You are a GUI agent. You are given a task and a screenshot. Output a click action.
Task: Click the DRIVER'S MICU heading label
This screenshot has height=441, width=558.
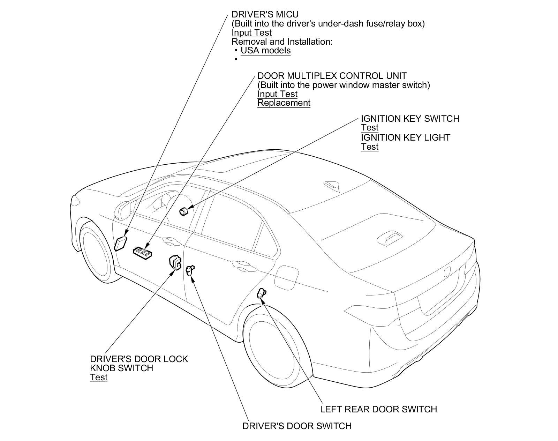point(265,15)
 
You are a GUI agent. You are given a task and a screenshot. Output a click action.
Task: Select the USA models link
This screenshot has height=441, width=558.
point(265,51)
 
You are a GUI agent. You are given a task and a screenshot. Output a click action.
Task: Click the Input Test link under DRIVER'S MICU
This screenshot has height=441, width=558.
point(251,33)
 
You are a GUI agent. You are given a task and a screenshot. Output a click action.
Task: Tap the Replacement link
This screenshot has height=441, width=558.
point(284,103)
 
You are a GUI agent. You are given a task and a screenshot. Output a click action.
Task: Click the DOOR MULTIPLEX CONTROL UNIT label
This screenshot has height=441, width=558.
point(332,76)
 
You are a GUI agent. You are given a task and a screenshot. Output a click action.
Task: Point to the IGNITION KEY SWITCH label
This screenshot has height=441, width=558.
point(410,119)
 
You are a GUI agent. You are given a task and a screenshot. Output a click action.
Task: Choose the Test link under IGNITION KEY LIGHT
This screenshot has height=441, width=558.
point(369,147)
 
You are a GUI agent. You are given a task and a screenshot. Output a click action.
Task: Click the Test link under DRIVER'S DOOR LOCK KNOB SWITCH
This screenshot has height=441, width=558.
point(98,378)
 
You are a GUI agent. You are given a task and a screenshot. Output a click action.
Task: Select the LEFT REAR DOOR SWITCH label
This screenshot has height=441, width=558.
point(378,409)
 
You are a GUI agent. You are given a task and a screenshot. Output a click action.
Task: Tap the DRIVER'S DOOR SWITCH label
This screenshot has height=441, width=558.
point(297,426)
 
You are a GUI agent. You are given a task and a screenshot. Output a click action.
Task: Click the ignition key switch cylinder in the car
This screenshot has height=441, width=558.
point(183,211)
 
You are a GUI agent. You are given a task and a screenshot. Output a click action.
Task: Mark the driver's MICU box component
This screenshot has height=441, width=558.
point(120,243)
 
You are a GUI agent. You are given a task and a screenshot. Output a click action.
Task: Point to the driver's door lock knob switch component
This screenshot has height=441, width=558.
point(175,262)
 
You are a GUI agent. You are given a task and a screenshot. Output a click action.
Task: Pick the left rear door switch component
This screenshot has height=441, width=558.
point(261,293)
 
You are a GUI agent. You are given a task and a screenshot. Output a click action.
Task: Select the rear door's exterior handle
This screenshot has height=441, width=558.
point(240,264)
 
